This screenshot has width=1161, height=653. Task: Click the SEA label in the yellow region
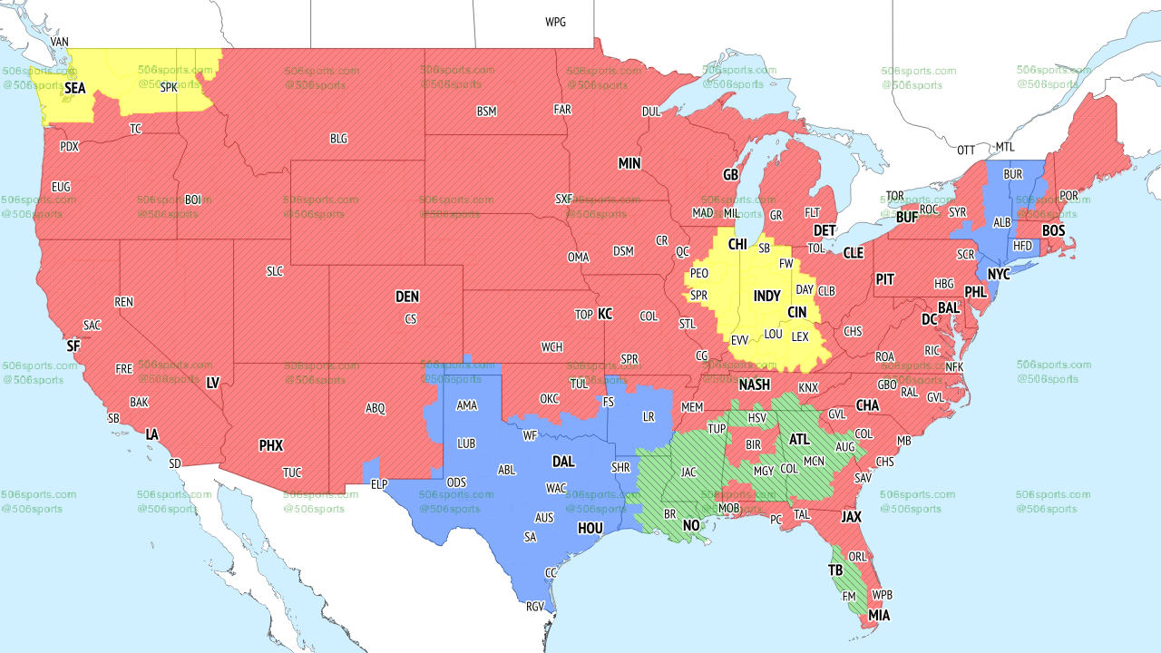click(x=75, y=88)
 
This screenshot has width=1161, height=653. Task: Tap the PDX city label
click(x=69, y=146)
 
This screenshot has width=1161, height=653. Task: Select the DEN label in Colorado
click(x=407, y=297)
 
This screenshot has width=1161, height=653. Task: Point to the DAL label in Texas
click(x=563, y=462)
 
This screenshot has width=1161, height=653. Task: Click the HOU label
click(x=590, y=528)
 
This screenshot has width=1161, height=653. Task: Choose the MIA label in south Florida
click(x=879, y=616)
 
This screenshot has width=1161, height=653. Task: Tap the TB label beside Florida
click(x=835, y=570)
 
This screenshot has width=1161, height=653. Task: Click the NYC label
click(x=999, y=274)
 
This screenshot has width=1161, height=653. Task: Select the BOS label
click(x=1053, y=231)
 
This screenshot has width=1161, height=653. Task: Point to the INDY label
click(x=766, y=297)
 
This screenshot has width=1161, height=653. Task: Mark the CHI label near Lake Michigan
click(x=737, y=244)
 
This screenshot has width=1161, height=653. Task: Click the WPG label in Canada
click(x=555, y=22)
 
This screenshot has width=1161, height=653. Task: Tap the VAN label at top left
click(x=60, y=42)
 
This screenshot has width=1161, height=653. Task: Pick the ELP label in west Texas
click(x=379, y=484)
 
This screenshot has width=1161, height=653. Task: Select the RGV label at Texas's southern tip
click(x=534, y=608)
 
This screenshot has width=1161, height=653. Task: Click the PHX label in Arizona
click(x=271, y=445)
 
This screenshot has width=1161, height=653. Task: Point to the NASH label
click(x=754, y=385)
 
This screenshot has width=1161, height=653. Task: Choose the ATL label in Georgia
click(x=799, y=439)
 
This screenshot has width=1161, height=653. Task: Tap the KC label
click(x=605, y=314)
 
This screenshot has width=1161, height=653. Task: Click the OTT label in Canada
click(x=966, y=150)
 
